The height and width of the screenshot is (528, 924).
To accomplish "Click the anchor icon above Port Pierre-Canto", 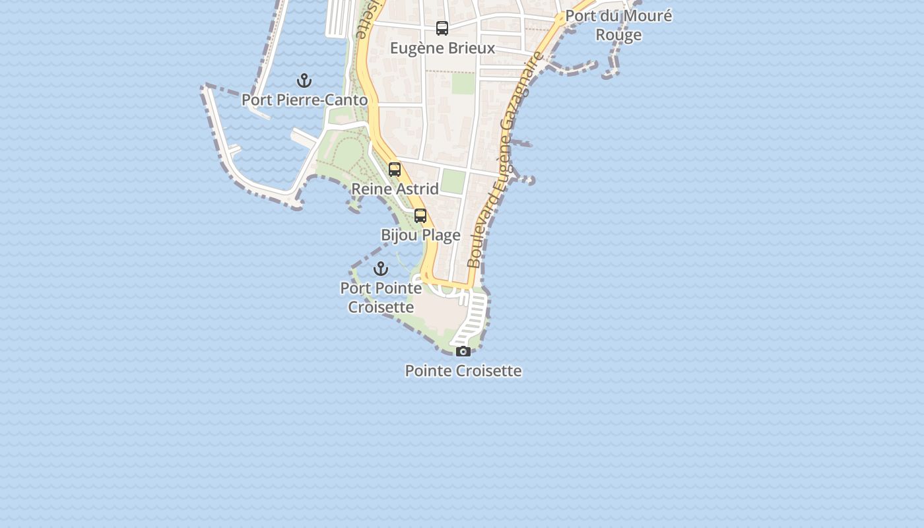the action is click(304, 81).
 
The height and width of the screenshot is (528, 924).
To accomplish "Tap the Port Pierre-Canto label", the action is click(304, 100).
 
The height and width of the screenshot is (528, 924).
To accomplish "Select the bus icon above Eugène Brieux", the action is click(442, 28).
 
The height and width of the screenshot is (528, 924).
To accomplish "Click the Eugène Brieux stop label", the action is click(442, 48).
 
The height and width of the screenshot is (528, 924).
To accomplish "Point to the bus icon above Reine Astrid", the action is click(395, 170).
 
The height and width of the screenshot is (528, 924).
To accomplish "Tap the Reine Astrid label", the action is click(395, 189).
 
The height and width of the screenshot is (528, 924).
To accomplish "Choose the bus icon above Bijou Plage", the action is click(420, 216).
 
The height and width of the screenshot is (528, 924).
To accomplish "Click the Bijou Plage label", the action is click(420, 235).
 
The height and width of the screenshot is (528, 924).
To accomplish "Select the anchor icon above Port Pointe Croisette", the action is click(381, 269).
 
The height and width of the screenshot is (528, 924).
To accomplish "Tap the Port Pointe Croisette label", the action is click(381, 298).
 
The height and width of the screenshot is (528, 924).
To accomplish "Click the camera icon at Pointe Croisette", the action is click(463, 351).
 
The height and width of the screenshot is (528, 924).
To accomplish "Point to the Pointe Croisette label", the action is click(463, 371).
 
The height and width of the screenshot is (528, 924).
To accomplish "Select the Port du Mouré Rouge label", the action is click(618, 25).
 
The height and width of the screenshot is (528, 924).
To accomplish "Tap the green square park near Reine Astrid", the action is click(453, 181).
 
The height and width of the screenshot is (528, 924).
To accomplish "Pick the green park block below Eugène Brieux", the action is click(463, 83).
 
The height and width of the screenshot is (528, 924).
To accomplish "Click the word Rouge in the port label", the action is click(618, 35).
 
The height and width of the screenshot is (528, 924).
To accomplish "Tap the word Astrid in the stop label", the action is click(416, 189).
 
